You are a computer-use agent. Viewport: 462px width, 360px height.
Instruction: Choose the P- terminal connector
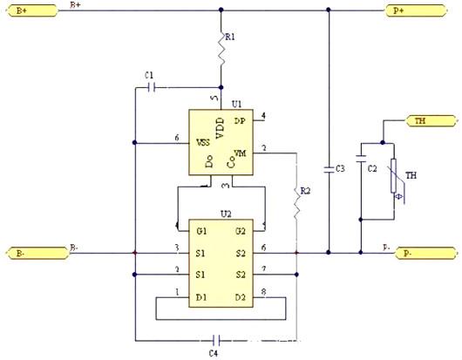(425, 253)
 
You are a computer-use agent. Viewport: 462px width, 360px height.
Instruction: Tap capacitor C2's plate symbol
(360, 181)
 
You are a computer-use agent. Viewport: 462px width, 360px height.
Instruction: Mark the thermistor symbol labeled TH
(393, 181)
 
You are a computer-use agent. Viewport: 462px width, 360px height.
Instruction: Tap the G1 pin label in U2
(201, 230)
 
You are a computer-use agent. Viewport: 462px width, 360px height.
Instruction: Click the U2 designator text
(225, 213)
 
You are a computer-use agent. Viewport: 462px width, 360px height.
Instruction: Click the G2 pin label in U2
(240, 230)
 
